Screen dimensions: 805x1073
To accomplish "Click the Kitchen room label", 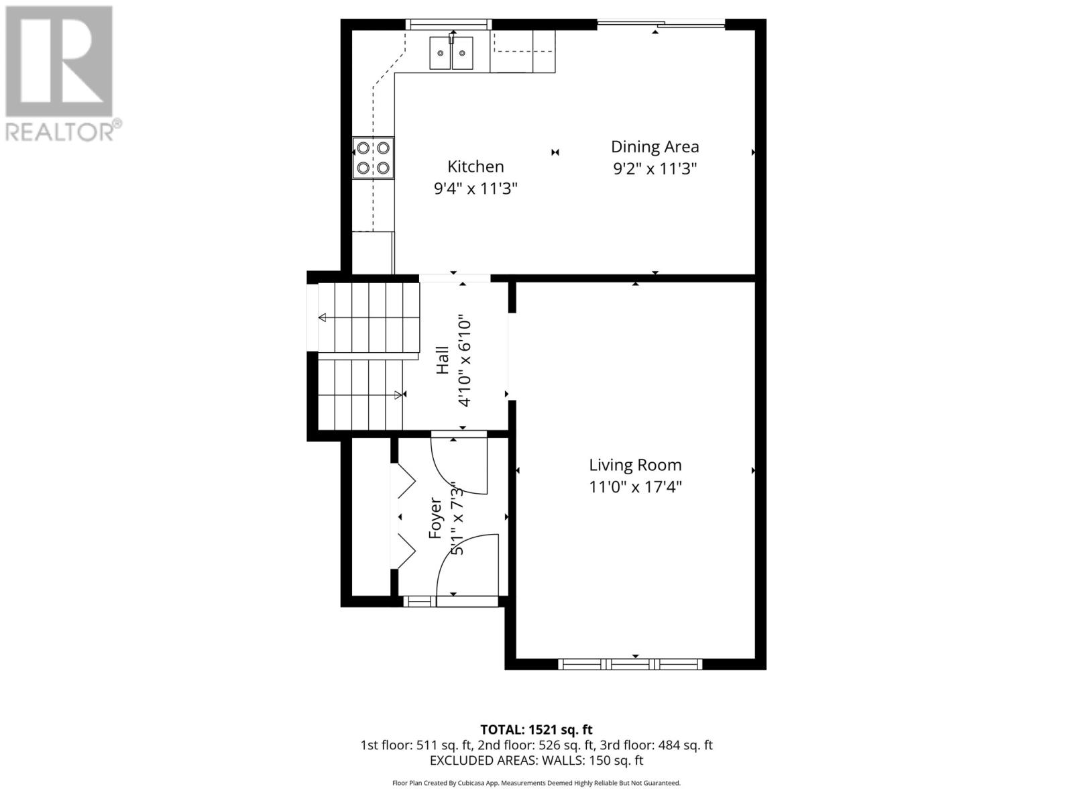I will (x=475, y=166).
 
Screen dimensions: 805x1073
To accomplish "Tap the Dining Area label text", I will (x=655, y=146).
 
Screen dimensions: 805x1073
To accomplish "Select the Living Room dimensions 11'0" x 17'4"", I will (x=634, y=486).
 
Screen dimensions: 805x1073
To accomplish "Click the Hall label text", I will (x=443, y=360).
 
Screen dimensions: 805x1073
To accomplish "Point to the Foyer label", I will (x=435, y=518).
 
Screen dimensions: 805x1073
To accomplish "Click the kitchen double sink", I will (x=451, y=52).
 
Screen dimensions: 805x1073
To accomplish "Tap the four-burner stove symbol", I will (x=374, y=158).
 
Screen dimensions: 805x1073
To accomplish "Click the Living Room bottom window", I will (x=630, y=664).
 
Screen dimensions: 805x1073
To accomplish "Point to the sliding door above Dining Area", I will (x=661, y=25).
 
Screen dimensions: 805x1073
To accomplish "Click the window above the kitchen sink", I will (x=449, y=25).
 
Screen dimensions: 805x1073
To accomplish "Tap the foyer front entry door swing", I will (x=466, y=563).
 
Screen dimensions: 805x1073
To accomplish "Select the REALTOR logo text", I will (x=64, y=131).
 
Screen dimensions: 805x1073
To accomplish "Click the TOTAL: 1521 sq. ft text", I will (x=536, y=729).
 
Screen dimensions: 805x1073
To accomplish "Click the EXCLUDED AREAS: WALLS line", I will (x=536, y=761).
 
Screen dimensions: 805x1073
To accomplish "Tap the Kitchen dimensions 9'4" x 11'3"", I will (x=475, y=189).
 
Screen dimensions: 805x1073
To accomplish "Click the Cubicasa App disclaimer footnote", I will (x=536, y=783).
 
